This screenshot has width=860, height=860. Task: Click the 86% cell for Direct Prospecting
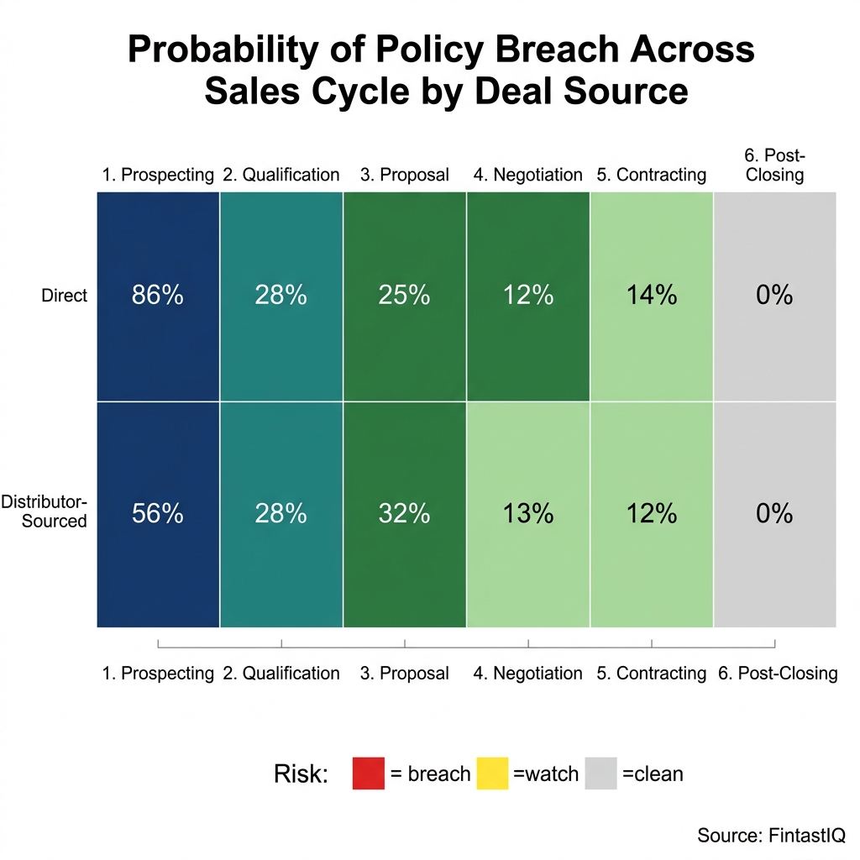coord(158,296)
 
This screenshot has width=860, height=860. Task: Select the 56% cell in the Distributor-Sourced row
coord(158,514)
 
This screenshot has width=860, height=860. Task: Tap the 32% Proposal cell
coord(405,514)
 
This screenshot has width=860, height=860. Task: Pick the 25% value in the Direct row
coord(405,296)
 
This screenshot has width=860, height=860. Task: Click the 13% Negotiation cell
coord(528,514)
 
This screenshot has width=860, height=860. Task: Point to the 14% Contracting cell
coord(652,296)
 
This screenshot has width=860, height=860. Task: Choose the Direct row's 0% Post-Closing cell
coord(774,296)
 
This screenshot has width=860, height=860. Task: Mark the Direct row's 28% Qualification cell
coord(281,296)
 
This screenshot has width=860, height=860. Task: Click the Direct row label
coord(64,296)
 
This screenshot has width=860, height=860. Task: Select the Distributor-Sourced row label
coord(44,511)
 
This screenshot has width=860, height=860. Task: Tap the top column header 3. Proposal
coord(405,175)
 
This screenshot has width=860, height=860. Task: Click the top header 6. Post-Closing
coord(774,165)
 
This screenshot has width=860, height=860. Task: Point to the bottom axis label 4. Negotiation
coord(528,674)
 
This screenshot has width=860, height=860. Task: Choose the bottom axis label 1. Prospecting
coord(158,674)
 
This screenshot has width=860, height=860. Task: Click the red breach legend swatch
coord(368,773)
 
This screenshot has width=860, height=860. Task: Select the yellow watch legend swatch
coord(492,773)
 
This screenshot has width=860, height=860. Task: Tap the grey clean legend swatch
coord(600,773)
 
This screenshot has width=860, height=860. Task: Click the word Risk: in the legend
coord(301,773)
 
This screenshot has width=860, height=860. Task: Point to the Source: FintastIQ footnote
coord(771,835)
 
